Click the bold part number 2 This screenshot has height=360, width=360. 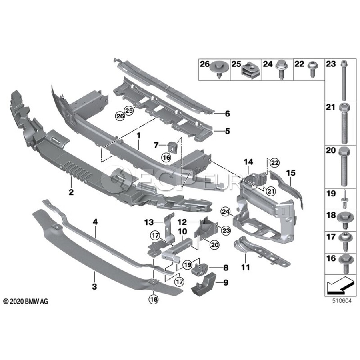click(x=71, y=192)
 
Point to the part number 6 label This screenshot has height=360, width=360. click(x=227, y=114)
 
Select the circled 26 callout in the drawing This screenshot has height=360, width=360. click(x=120, y=116)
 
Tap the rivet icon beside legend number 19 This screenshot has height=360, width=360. click(x=343, y=197)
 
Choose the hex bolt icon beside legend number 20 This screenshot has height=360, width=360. click(x=344, y=165)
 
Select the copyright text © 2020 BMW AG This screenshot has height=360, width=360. click(x=26, y=301)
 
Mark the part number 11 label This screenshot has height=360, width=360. click(x=244, y=267)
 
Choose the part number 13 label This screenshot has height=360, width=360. click(x=149, y=222)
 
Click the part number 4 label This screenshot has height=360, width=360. click(x=95, y=221)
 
